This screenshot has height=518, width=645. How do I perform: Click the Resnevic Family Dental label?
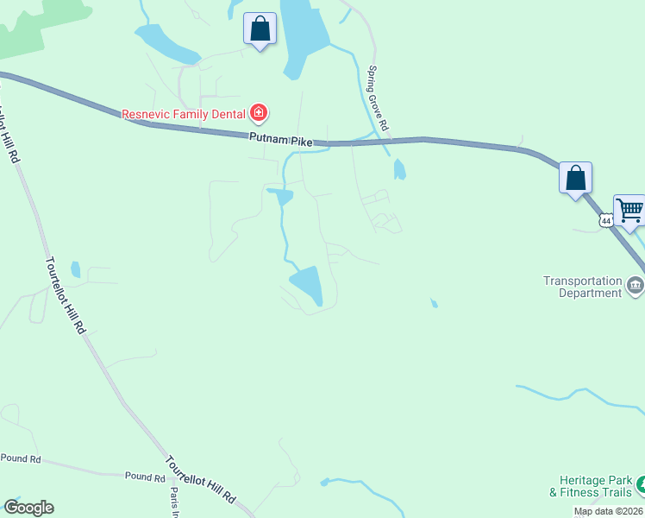pyautogui.click(x=183, y=113)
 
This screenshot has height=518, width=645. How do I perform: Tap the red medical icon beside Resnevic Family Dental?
pyautogui.click(x=258, y=112)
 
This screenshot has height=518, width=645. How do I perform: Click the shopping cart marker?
pyautogui.click(x=629, y=210)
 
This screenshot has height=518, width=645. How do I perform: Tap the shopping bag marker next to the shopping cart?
pyautogui.click(x=575, y=179)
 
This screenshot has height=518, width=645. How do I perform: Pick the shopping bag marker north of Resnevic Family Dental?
pyautogui.click(x=260, y=29)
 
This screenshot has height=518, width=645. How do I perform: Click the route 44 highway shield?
pyautogui.click(x=606, y=222)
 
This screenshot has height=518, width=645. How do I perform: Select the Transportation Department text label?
pyautogui.click(x=582, y=287)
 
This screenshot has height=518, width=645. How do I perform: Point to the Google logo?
pyautogui.click(x=28, y=508)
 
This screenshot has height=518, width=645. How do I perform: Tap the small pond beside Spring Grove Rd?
pyautogui.click(x=399, y=169)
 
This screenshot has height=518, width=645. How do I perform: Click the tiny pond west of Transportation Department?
pyautogui.click(x=433, y=303)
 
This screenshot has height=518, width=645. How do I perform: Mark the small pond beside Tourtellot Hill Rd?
pyautogui.click(x=75, y=269)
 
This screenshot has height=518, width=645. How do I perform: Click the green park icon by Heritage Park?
pyautogui.click(x=640, y=486)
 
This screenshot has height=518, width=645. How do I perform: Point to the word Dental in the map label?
pyautogui.click(x=225, y=113)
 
